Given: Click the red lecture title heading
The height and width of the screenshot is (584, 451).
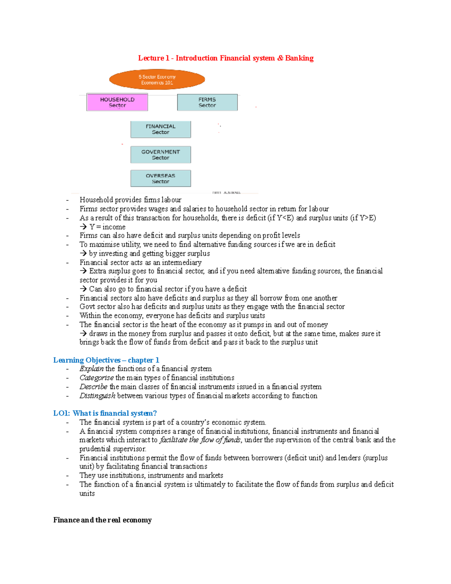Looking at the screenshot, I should click(225, 58).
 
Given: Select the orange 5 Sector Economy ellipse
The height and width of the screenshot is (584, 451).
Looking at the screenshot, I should click(157, 79).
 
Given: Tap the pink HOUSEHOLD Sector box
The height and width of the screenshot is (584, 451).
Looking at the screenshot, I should click(117, 102).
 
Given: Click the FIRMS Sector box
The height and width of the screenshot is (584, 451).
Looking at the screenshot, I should click(207, 102).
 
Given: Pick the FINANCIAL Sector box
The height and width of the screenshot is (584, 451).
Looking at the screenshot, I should click(160, 129).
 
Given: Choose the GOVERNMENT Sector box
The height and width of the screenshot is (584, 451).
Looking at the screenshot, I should click(160, 155).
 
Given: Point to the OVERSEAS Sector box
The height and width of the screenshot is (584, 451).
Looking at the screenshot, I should click(160, 178).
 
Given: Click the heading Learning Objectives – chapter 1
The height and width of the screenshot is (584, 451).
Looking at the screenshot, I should click(106, 360).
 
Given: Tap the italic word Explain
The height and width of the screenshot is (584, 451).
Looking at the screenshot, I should click(91, 369).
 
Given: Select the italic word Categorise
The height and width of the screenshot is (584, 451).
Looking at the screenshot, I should click(96, 378).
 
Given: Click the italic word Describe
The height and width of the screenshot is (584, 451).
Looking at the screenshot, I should click(93, 387).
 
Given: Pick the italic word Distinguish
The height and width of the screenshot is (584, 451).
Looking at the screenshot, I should click(97, 396).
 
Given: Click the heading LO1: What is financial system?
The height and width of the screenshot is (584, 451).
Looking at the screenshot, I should click(105, 413).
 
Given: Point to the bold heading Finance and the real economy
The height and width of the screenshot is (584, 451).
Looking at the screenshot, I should click(102, 520).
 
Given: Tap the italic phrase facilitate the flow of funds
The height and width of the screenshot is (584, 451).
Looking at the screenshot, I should click(200, 440).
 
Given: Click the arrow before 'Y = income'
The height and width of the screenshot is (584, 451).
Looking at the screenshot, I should click(83, 227).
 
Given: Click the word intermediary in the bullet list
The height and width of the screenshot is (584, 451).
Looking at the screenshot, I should click(182, 262).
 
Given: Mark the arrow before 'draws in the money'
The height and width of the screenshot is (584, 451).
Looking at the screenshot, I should click(83, 334).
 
